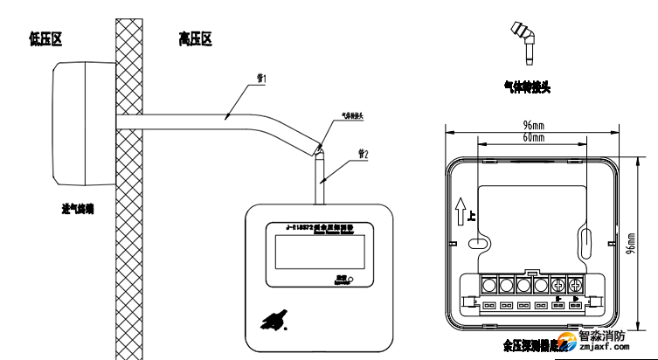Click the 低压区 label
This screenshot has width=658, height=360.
coord(49,39)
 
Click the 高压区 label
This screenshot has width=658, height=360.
coord(196,39)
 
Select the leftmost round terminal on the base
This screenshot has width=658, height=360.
coord(488,285)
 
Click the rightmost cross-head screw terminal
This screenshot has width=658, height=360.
coord(576,285)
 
